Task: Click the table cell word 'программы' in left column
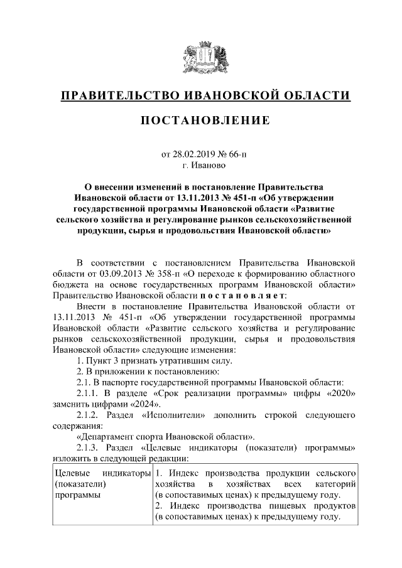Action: [x=73, y=495]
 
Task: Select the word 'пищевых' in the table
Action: [x=266, y=506]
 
